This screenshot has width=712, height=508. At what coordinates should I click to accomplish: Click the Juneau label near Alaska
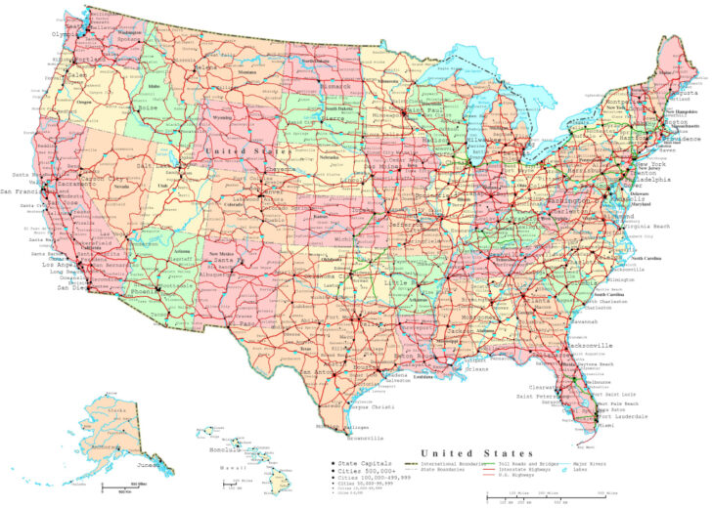click(150, 467)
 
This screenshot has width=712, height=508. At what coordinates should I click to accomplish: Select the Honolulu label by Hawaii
click(225, 450)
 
